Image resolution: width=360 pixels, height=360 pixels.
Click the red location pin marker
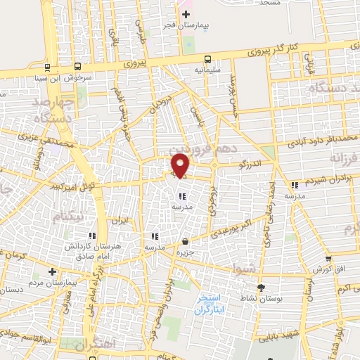pyautogui.click(x=180, y=165)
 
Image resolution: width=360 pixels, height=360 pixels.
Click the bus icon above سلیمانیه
pyautogui.click(x=207, y=60)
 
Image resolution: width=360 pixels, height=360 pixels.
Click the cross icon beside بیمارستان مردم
pyautogui.click(x=51, y=271)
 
